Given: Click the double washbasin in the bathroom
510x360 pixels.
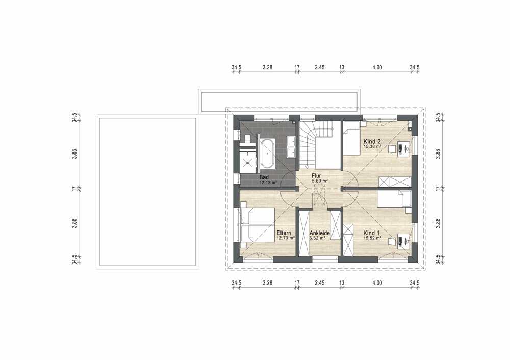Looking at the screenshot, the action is click(x=291, y=147).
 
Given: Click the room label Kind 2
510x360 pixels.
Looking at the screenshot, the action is click(x=372, y=141).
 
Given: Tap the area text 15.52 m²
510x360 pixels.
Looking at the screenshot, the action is click(x=372, y=238).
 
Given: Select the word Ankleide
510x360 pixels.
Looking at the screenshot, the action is click(x=320, y=233).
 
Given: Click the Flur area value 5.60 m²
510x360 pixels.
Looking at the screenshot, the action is click(x=320, y=181).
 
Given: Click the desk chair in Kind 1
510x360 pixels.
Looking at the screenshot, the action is click(x=392, y=240).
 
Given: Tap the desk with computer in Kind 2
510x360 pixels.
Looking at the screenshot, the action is click(x=403, y=148).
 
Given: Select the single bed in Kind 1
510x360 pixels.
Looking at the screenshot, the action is click(x=394, y=198).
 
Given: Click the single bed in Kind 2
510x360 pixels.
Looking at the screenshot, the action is click(x=351, y=138).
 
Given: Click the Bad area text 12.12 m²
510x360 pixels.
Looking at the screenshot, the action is click(x=268, y=183).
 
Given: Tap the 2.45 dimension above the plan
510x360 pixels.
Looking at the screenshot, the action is click(x=320, y=68).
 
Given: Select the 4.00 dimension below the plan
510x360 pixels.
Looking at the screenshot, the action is click(x=377, y=283).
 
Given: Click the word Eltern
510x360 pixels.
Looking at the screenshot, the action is click(x=284, y=233).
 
